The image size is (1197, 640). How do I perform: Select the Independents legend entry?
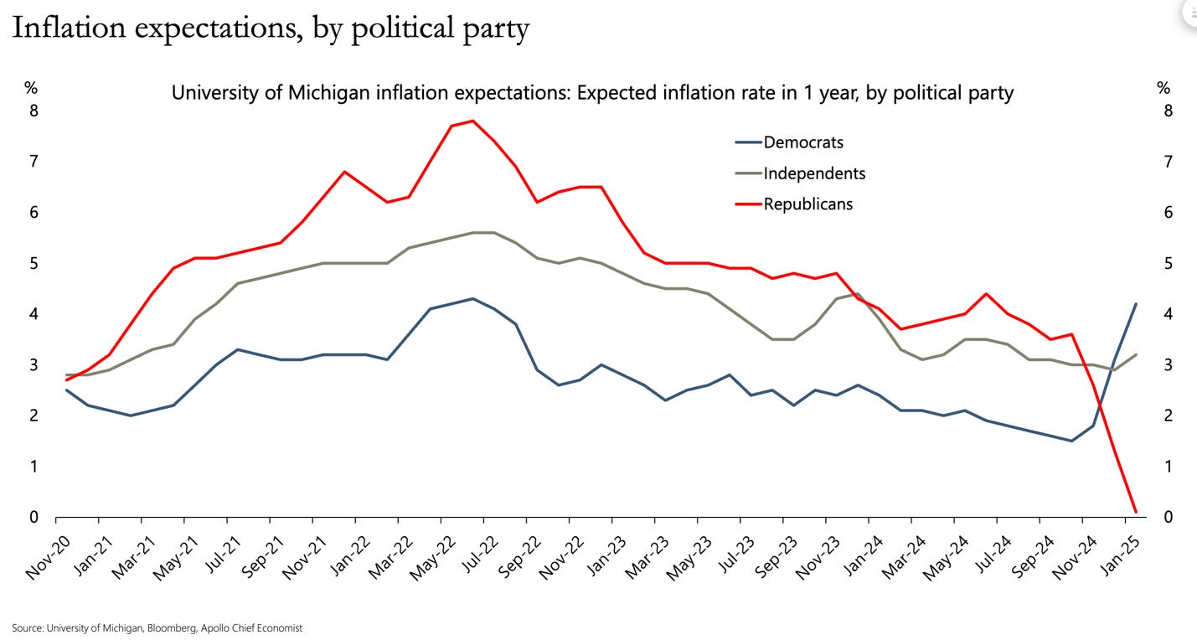(814, 173)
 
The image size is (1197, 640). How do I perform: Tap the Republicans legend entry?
(807, 204)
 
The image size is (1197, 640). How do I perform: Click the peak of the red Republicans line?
(473, 121)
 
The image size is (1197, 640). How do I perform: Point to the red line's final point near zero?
(1135, 511)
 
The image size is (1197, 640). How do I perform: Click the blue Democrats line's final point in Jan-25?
(1135, 304)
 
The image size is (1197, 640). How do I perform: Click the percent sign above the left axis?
(31, 88)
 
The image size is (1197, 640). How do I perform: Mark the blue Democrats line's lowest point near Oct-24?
(1071, 441)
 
